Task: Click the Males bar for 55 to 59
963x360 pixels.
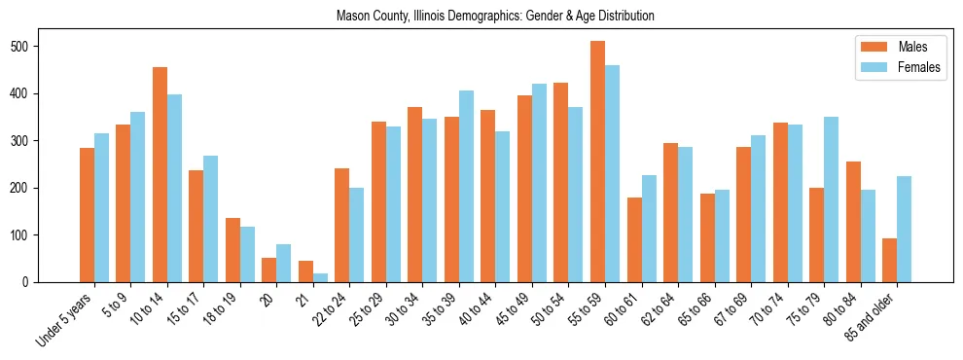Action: tap(597, 162)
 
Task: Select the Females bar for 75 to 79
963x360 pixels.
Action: tap(831, 199)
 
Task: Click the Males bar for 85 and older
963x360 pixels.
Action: tap(889, 260)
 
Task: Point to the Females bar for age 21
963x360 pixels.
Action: tap(320, 277)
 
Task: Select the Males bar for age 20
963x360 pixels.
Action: tap(268, 270)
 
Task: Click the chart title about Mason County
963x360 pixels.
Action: tap(495, 17)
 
